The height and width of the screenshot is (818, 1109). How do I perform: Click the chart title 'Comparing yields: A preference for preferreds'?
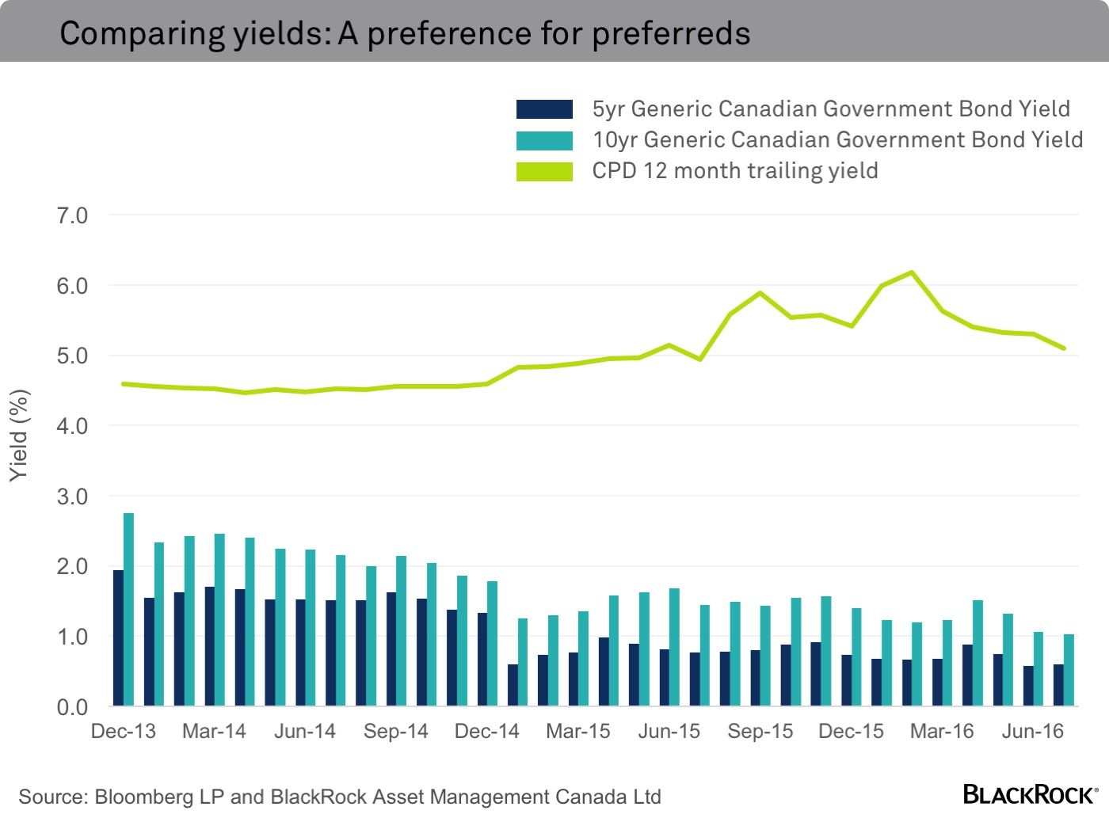(x=405, y=33)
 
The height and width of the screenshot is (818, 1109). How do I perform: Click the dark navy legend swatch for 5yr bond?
(x=544, y=109)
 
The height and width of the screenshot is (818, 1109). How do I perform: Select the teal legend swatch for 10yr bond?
(x=544, y=140)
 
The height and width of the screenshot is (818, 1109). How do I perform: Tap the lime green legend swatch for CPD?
(x=544, y=171)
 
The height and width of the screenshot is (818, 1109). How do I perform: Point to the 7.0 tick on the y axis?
(x=72, y=215)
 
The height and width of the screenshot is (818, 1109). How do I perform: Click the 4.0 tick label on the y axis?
(x=72, y=426)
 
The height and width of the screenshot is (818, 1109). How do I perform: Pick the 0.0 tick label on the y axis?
(x=72, y=707)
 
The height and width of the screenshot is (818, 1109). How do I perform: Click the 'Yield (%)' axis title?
(x=19, y=435)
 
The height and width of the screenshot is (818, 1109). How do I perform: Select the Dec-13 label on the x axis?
(x=124, y=731)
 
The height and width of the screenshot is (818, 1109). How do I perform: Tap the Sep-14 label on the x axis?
(x=396, y=731)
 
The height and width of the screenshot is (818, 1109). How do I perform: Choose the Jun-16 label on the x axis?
(x=1032, y=731)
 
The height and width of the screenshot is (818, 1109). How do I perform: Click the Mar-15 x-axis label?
(x=578, y=731)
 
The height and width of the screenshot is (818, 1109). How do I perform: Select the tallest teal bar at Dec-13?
(x=128, y=610)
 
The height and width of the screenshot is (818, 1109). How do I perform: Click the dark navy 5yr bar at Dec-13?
(x=118, y=638)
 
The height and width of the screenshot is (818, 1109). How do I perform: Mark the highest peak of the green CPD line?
(x=912, y=272)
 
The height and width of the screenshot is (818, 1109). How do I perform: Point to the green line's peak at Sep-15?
(x=760, y=293)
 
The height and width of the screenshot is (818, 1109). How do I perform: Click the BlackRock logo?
(x=1030, y=794)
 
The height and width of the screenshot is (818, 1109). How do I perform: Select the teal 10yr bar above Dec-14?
(x=492, y=644)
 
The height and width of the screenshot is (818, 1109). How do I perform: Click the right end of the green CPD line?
(x=1064, y=348)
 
